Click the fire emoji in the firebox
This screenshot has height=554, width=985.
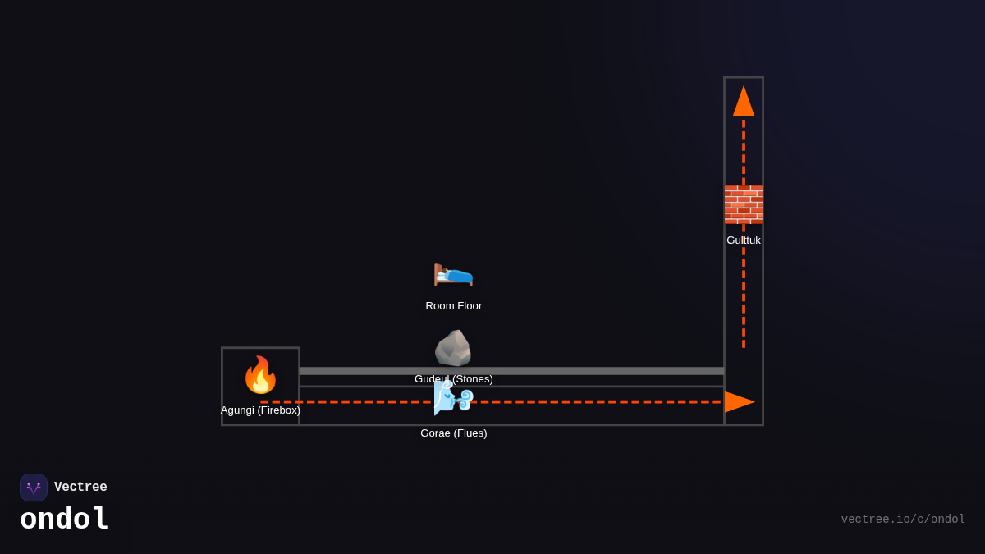pos(260,375)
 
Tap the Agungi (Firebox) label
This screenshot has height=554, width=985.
pos(260,410)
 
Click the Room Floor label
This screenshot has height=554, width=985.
pos(453,306)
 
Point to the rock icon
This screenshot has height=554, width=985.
pos(453,348)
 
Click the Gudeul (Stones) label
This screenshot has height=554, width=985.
pos(453,379)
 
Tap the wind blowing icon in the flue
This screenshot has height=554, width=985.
pos(453,398)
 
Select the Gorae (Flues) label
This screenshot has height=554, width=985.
pos(453,433)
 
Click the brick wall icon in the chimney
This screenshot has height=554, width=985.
pos(744,204)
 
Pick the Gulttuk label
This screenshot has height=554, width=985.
pos(744,240)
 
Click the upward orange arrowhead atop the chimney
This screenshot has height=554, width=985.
pos(744,102)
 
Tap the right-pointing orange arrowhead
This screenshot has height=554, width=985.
pos(738,402)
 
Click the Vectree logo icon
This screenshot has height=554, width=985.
pos(34,488)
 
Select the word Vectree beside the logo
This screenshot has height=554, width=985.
pos(80,488)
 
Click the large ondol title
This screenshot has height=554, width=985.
pos(64,520)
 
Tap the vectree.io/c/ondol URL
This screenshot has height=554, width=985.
pos(903,520)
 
